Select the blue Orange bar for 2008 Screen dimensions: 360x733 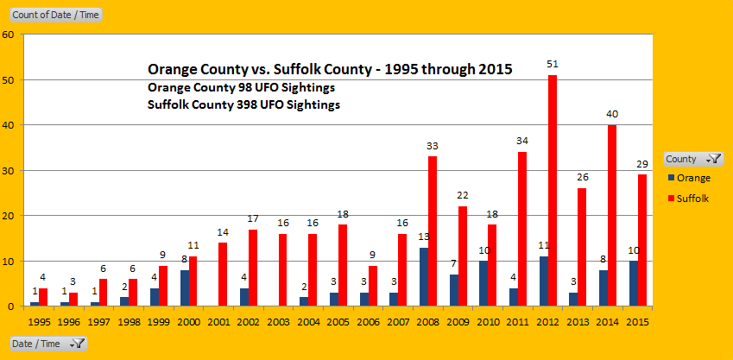pyautogui.click(x=424, y=276)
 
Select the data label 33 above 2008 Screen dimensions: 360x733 pyautogui.click(x=433, y=146)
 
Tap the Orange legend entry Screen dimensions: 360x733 pyautogui.click(x=693, y=179)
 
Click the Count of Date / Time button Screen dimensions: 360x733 pyautogui.click(x=54, y=15)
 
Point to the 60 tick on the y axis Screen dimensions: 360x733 pyautogui.click(x=8, y=35)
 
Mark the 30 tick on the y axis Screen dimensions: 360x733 pyautogui.click(x=8, y=170)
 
